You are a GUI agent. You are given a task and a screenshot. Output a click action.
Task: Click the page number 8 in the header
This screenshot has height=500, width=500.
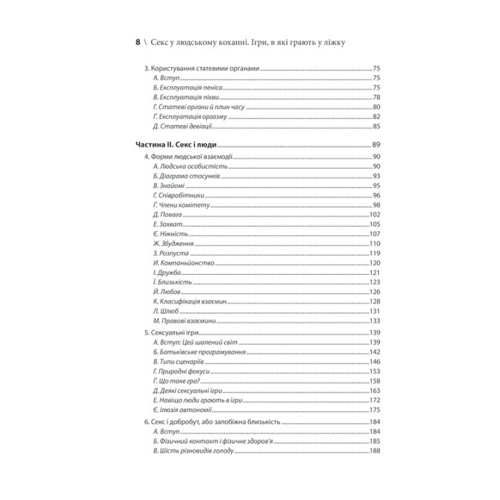click(137, 42)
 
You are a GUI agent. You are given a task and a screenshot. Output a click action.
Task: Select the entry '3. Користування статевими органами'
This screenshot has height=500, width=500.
click(201, 69)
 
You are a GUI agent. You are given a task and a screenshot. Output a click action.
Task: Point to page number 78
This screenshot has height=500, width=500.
click(376, 97)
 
